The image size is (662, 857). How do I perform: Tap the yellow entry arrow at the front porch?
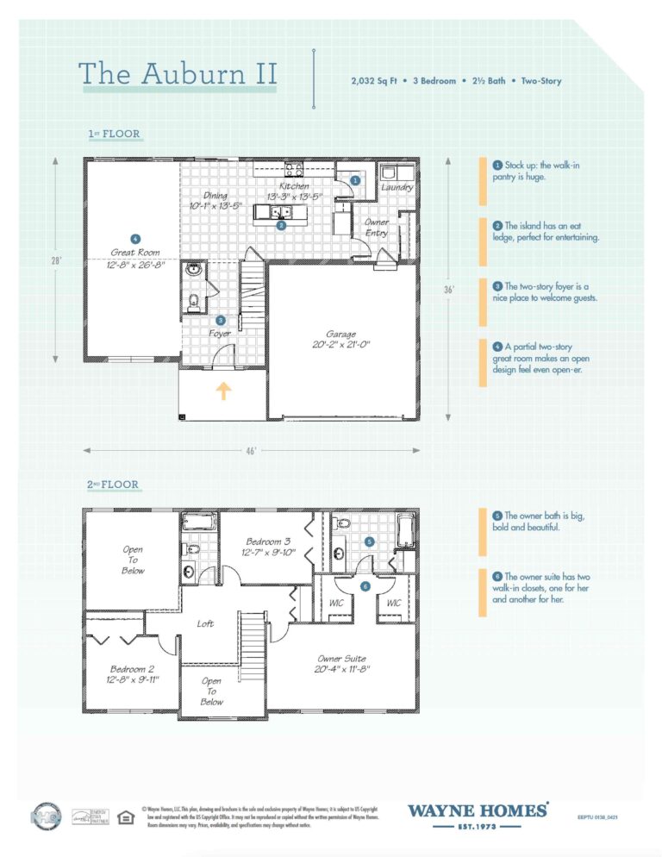tap(222, 391)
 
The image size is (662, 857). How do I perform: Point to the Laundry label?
tap(397, 187)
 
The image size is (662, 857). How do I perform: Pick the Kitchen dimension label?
tap(294, 196)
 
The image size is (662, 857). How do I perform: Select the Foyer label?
tap(220, 333)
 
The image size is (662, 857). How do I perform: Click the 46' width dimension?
tap(251, 450)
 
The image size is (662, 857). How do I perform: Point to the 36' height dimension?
tap(447, 291)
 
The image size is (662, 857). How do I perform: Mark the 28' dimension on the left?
tap(56, 259)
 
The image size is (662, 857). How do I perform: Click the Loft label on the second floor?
tap(205, 623)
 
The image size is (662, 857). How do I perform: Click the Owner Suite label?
tap(342, 663)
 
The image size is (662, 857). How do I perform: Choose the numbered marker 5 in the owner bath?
tap(369, 542)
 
